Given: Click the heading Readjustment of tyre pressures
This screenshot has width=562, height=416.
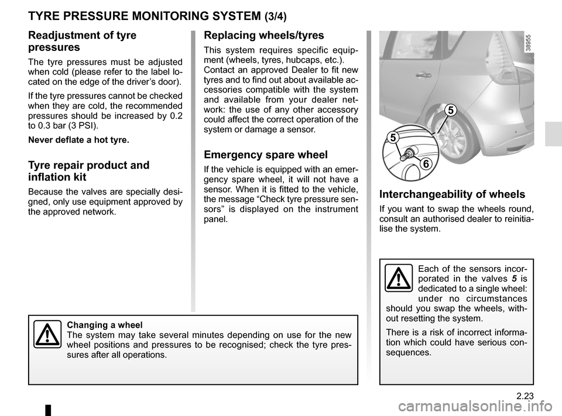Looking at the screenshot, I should pyautogui.click(x=82, y=40).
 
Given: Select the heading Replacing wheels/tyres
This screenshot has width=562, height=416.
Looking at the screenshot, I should pyautogui.click(x=263, y=35).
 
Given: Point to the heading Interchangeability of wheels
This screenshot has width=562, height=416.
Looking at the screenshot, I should pyautogui.click(x=453, y=195).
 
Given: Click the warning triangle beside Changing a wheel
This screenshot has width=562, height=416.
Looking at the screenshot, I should pyautogui.click(x=46, y=335).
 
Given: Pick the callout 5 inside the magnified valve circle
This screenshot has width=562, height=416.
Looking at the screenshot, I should pyautogui.click(x=392, y=138).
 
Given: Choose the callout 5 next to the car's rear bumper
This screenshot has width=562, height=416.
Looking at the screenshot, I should pyautogui.click(x=450, y=110).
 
